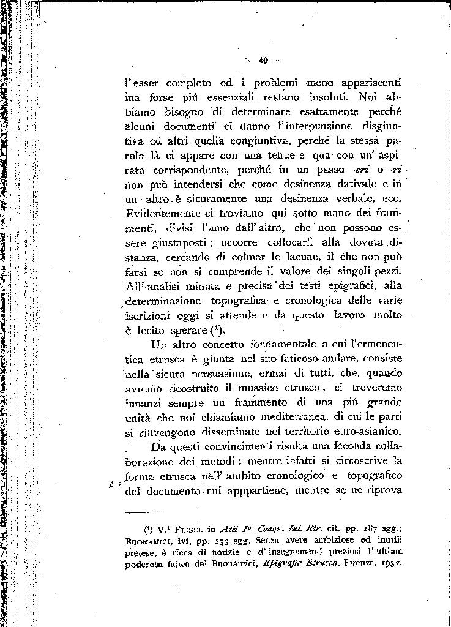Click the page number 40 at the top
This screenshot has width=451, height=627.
click(264, 60)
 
